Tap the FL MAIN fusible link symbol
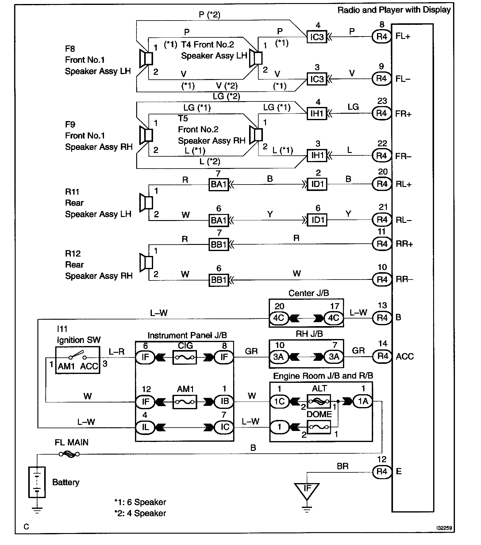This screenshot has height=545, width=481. pos(69,454)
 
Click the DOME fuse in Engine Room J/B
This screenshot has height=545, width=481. pos(319,427)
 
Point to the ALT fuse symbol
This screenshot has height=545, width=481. pos(319,401)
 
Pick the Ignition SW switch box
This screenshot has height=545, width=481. pos(78,360)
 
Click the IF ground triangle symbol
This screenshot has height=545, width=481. pos(307,489)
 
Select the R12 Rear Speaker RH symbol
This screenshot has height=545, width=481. pos(146,262)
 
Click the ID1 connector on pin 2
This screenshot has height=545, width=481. pos(317,184)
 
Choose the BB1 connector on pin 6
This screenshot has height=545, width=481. pos(219,280)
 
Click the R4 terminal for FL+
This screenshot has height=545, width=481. pos(382,36)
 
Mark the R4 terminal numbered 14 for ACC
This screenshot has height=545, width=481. pos(382,356)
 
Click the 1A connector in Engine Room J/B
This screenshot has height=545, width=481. pos(363,401)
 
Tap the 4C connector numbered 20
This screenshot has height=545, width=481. pos(279,318)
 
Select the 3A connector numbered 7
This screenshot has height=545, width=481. pos(334,357)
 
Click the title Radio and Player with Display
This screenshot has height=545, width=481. pos(394,10)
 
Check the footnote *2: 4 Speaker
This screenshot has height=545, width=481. pos(140,513)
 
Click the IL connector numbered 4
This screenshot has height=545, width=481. pos(145,427)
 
